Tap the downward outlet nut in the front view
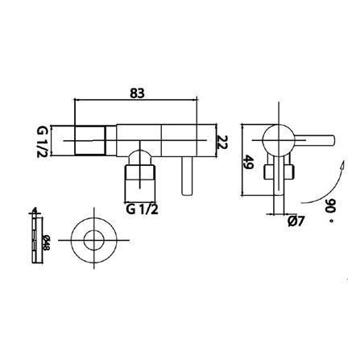pyautogui.click(x=142, y=181)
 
